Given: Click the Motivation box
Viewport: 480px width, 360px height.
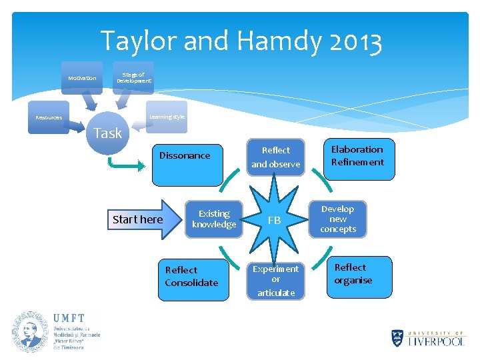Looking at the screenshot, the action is pyautogui.click(x=82, y=78).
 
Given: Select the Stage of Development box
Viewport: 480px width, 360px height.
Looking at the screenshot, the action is pyautogui.click(x=133, y=78).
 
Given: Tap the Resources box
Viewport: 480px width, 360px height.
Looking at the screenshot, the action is pyautogui.click(x=49, y=118).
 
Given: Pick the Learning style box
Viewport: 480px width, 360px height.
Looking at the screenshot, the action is pyautogui.click(x=167, y=117).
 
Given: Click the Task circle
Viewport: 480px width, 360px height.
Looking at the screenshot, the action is pyautogui.click(x=107, y=133).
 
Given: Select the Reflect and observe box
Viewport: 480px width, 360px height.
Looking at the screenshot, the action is pyautogui.click(x=275, y=157).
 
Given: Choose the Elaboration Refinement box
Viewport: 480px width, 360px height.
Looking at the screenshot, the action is pyautogui.click(x=357, y=158).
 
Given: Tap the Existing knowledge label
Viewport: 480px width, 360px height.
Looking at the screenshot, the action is pyautogui.click(x=214, y=219).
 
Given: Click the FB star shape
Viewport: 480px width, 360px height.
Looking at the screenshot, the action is pyautogui.click(x=274, y=219).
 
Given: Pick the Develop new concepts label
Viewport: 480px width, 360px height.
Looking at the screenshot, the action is pyautogui.click(x=338, y=219).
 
